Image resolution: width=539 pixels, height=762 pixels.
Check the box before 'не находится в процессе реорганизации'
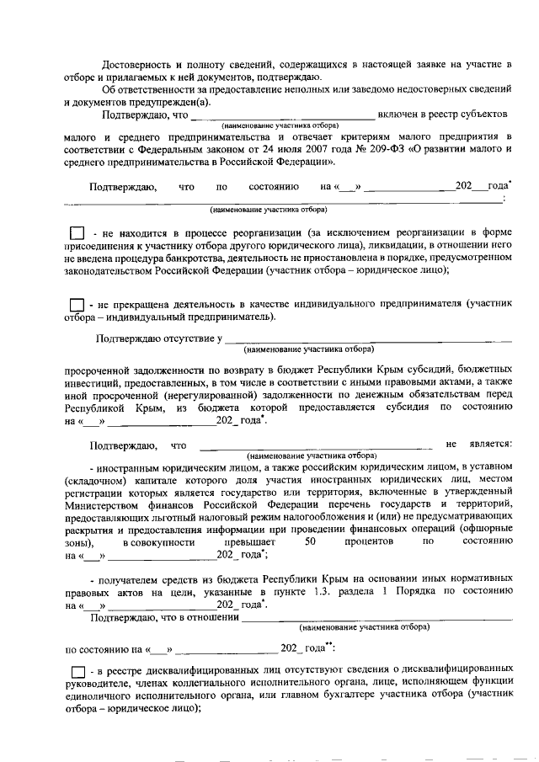tap(77, 232)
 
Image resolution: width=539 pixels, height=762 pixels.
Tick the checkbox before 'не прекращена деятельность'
tap(77, 304)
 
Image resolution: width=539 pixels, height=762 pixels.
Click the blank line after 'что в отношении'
tap(376, 620)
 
